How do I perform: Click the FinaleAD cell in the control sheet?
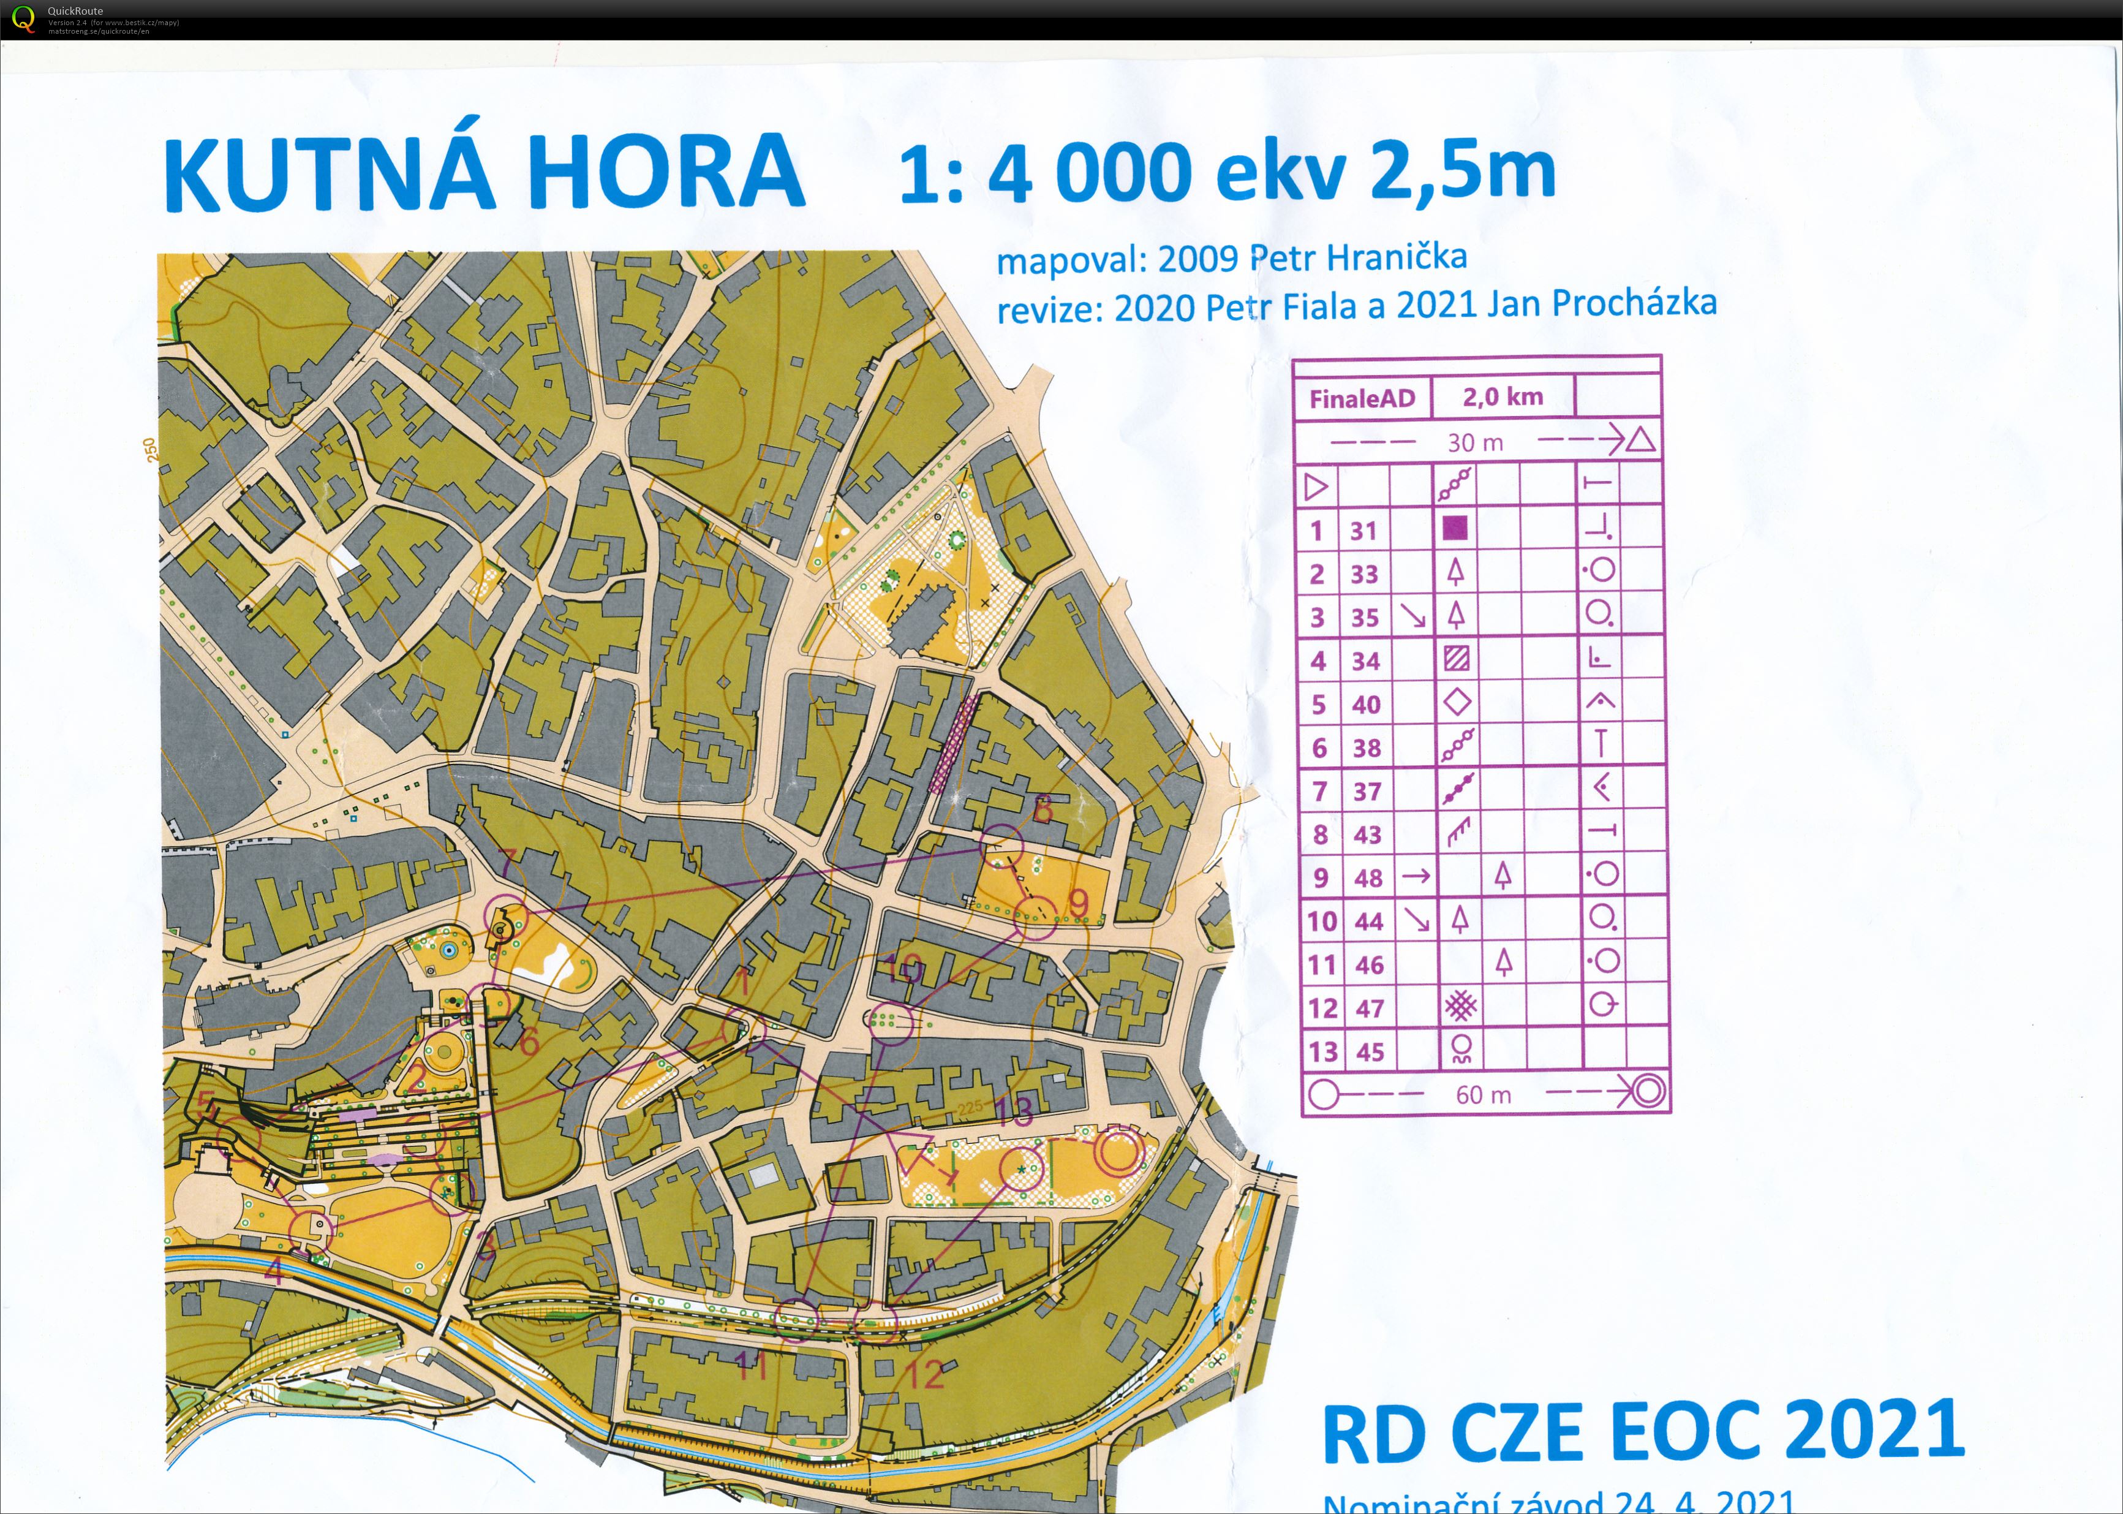click(1362, 399)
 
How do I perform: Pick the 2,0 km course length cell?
click(1503, 397)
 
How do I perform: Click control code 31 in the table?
click(1363, 531)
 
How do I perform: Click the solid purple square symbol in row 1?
click(1455, 529)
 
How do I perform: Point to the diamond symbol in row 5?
click(1457, 702)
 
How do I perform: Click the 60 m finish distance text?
click(1483, 1094)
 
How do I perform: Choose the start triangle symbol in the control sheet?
click(1316, 486)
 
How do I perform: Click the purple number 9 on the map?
click(1078, 903)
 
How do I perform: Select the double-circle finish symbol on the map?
click(1118, 1153)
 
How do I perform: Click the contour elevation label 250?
click(150, 449)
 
